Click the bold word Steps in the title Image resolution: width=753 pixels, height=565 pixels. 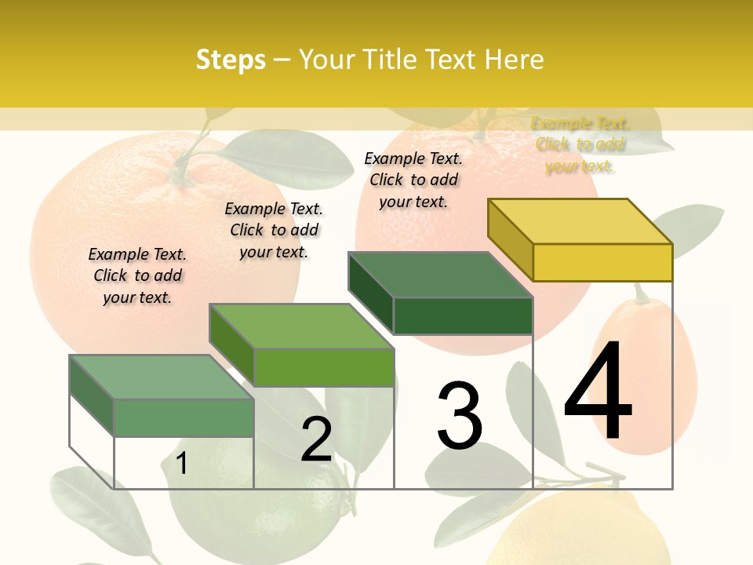click(x=231, y=60)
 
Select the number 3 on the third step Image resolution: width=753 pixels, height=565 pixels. click(x=459, y=415)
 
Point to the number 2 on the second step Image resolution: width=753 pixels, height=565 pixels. click(x=316, y=439)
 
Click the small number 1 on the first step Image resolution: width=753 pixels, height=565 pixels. click(x=181, y=463)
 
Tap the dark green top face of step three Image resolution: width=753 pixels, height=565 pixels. click(x=439, y=275)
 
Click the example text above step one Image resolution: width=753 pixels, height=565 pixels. click(x=137, y=275)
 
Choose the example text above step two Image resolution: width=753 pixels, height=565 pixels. click(x=274, y=230)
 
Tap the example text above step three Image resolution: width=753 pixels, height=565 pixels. click(x=413, y=180)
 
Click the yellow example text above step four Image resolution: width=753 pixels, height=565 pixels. click(x=580, y=144)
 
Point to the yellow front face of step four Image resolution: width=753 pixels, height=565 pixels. click(x=602, y=262)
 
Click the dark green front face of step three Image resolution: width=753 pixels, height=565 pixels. click(x=463, y=315)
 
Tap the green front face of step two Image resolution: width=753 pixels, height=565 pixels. click(x=324, y=367)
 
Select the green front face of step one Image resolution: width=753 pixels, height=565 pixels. click(x=184, y=417)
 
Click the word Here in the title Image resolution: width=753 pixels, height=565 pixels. click(x=514, y=60)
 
